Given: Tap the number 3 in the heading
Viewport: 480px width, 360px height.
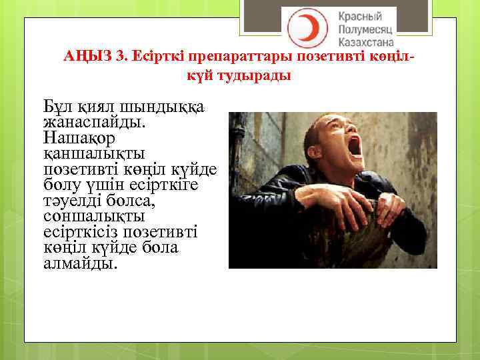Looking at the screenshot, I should (120, 56).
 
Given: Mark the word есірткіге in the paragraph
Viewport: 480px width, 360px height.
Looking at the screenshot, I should (185, 186).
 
